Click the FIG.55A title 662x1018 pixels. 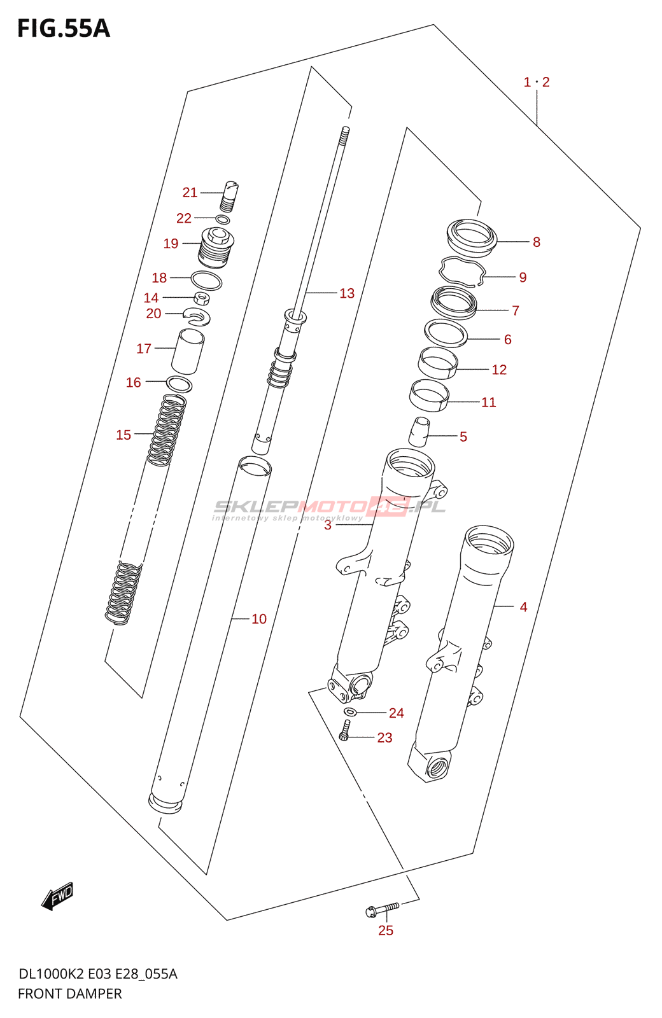click(x=63, y=29)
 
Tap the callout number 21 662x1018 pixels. click(x=190, y=192)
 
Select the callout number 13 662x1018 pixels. click(x=346, y=293)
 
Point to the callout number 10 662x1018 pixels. click(x=258, y=619)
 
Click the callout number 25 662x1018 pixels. click(x=386, y=930)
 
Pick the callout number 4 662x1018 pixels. click(x=523, y=607)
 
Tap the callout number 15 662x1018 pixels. click(x=123, y=435)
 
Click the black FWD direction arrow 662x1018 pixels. click(x=57, y=896)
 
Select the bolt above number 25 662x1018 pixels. click(x=383, y=909)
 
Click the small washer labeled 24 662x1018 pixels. click(x=350, y=711)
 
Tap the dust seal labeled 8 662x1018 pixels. click(x=472, y=235)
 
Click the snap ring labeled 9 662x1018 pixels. click(x=463, y=272)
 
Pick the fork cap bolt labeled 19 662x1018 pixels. click(x=216, y=248)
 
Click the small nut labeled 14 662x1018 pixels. click(x=202, y=298)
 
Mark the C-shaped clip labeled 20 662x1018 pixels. click(x=197, y=315)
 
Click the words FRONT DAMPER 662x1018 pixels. click(x=69, y=993)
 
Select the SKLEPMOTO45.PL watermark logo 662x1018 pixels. click(x=329, y=508)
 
